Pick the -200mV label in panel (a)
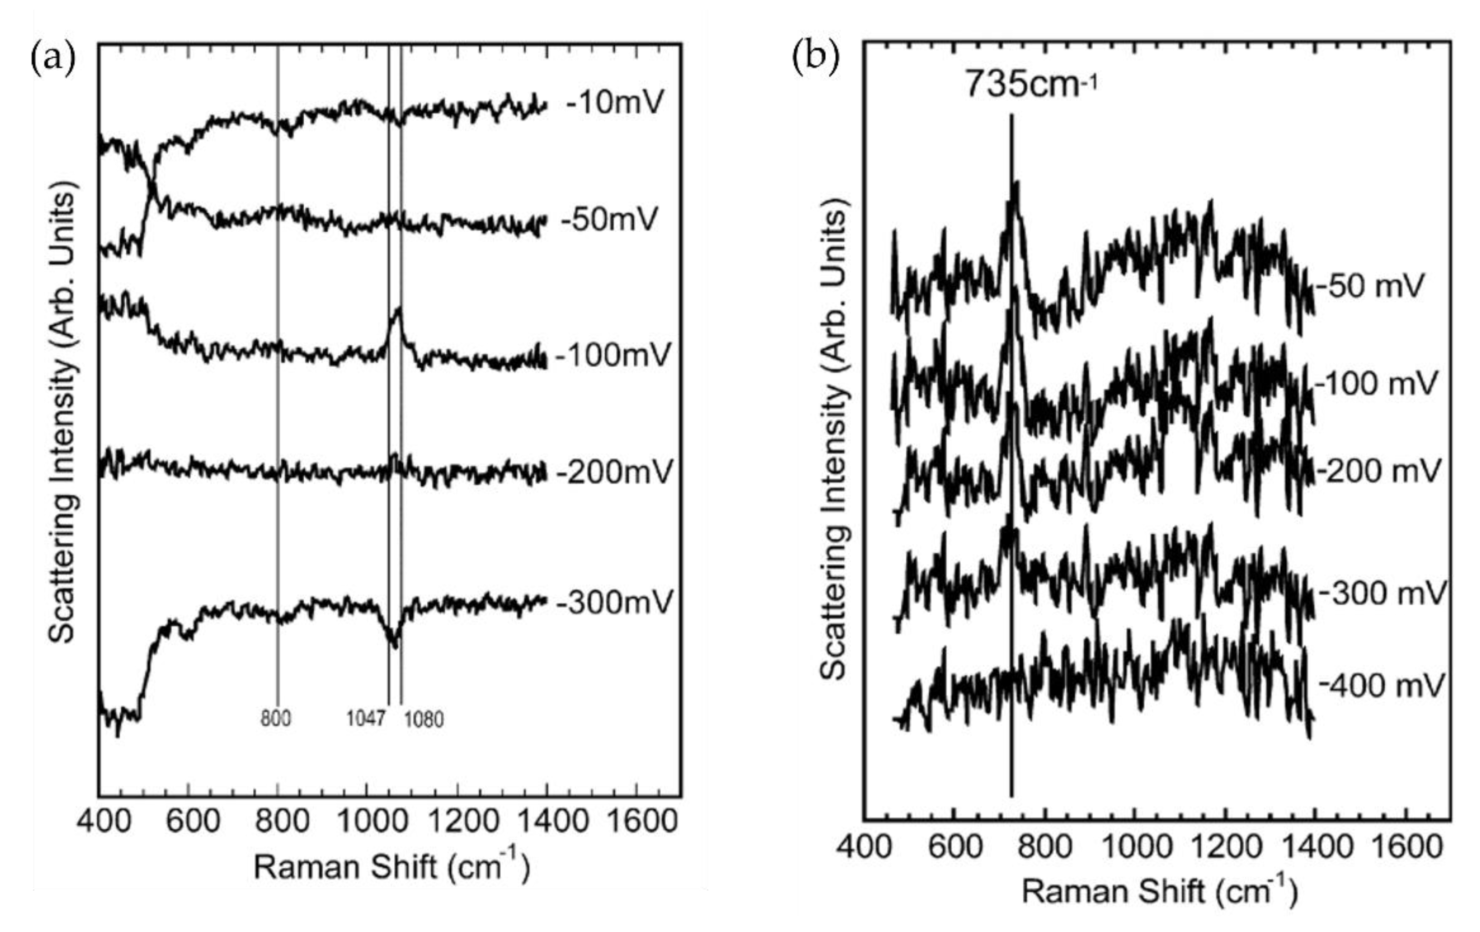[x=614, y=472]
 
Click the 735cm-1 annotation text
[x=1030, y=84]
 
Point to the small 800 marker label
[x=276, y=718]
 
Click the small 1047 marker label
[x=366, y=718]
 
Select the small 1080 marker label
[x=424, y=719]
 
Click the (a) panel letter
[x=53, y=59]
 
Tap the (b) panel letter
[x=815, y=59]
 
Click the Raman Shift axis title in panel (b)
[x=1159, y=891]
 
